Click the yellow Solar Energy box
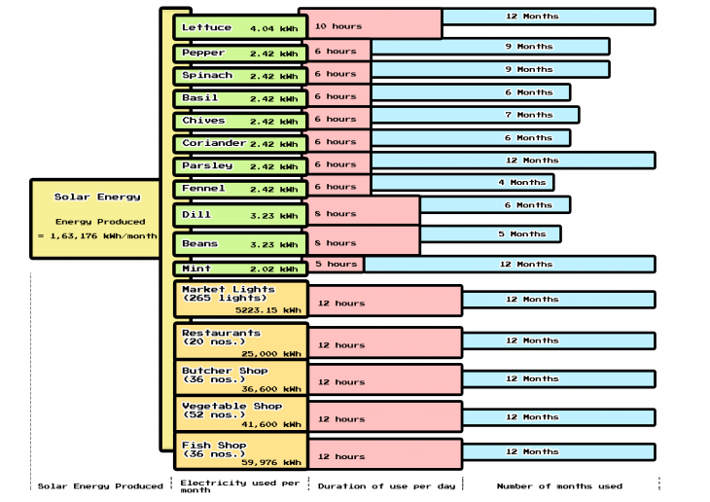click(x=96, y=218)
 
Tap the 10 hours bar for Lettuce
click(x=370, y=23)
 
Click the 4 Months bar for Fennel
click(x=462, y=182)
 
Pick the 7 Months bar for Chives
click(x=475, y=115)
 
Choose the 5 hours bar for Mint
click(x=336, y=264)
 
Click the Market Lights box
click(x=240, y=299)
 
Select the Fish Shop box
click(x=240, y=453)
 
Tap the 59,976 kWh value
click(x=271, y=462)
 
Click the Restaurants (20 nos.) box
click(x=240, y=342)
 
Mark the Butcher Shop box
click(x=240, y=378)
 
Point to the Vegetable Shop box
click(x=240, y=414)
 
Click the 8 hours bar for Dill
click(x=363, y=213)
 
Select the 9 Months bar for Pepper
click(x=490, y=47)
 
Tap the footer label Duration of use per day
click(x=385, y=485)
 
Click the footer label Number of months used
click(x=559, y=485)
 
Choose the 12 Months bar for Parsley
click(x=513, y=161)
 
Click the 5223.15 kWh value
click(x=268, y=309)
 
